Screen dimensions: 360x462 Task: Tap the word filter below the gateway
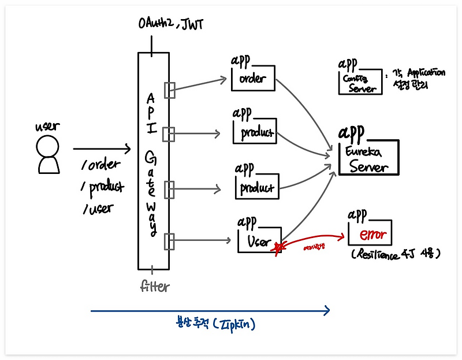pyautogui.click(x=154, y=286)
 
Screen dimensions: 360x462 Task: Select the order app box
pyautogui.click(x=253, y=79)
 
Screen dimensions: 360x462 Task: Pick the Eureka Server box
pyautogui.click(x=368, y=158)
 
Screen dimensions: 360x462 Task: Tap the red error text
pyautogui.click(x=372, y=235)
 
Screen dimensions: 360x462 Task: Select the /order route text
pyautogui.click(x=101, y=165)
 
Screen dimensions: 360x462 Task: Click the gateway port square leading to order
pyautogui.click(x=169, y=90)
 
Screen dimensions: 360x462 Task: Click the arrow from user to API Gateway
pyautogui.click(x=101, y=149)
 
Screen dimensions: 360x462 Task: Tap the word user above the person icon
pyautogui.click(x=47, y=125)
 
